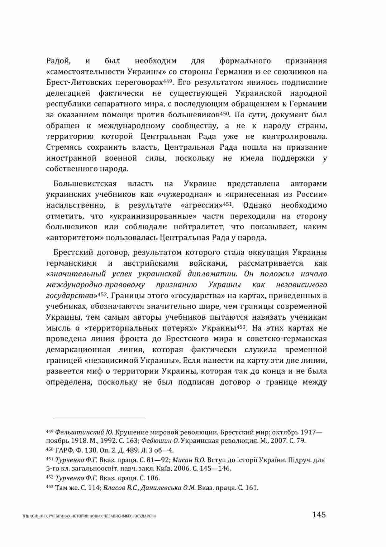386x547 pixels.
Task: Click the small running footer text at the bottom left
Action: point(89,516)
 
